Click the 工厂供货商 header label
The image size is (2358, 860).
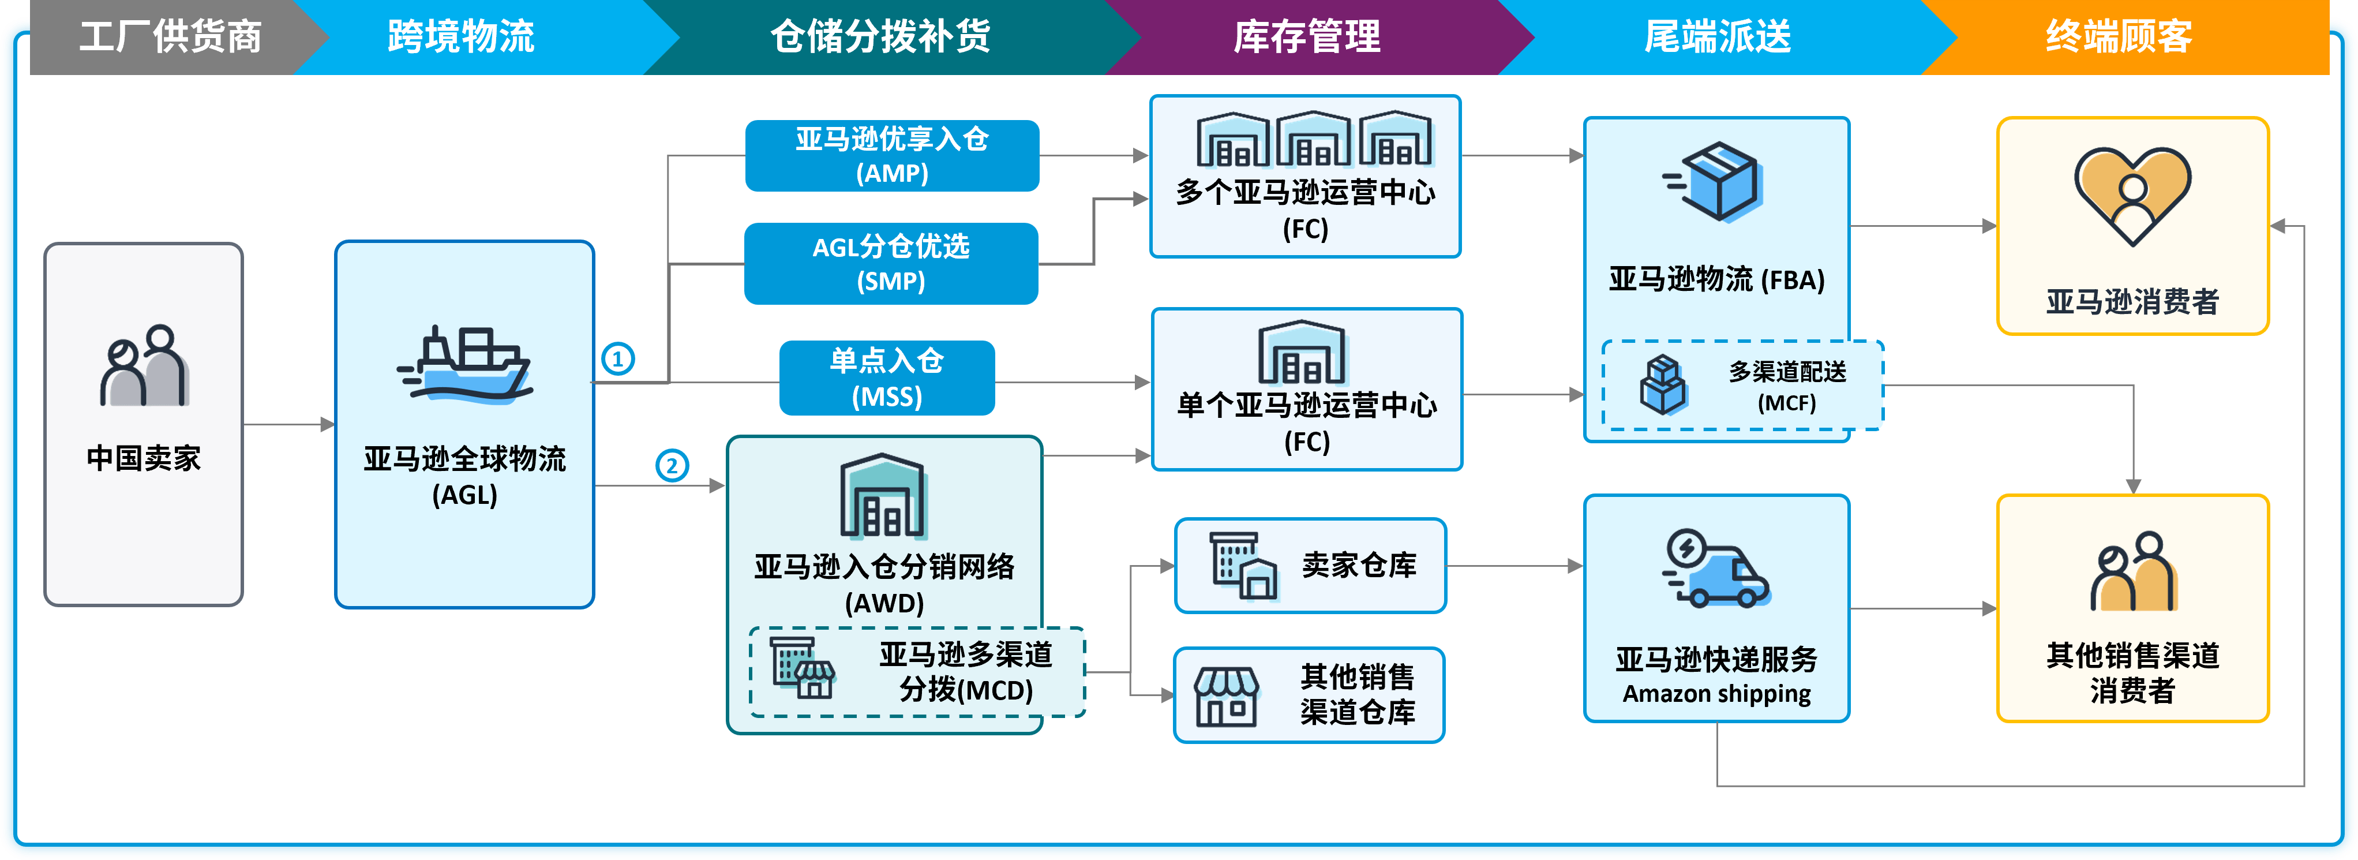click(170, 36)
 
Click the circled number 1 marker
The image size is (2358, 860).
click(618, 358)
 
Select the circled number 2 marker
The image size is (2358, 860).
click(672, 465)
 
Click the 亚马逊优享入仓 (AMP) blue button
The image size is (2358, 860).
click(891, 156)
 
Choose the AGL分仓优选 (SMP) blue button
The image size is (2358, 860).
click(891, 264)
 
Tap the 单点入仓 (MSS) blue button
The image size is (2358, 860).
click(886, 378)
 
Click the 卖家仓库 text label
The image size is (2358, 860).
click(1358, 565)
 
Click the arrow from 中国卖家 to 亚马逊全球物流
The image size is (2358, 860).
click(288, 424)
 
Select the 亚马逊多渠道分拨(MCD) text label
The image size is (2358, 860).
click(966, 671)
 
